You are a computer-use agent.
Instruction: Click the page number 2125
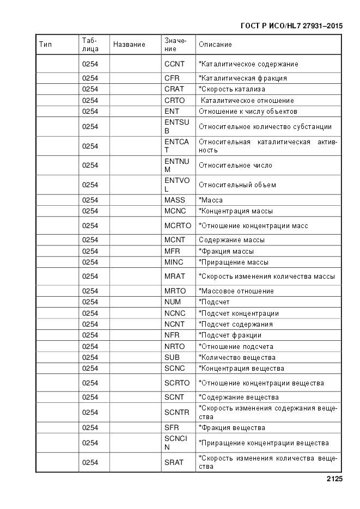point(334,480)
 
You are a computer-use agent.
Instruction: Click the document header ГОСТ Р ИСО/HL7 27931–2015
point(291,26)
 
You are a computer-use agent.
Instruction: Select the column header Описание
point(215,45)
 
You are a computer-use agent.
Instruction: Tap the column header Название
point(129,45)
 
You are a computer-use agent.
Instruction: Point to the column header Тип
point(46,45)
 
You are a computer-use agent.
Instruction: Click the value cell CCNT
point(174,64)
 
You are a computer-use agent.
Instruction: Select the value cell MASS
point(174,200)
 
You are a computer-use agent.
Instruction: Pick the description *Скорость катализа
point(232,89)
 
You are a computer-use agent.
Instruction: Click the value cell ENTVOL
point(176,185)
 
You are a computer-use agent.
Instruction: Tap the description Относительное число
point(235,165)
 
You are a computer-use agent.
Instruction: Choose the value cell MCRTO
point(178,225)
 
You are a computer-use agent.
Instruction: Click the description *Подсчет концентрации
point(239,314)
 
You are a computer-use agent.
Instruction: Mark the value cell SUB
point(172,358)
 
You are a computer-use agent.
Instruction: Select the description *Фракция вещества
point(232,428)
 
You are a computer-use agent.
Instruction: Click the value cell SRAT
point(174,462)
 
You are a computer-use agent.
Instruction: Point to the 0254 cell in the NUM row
point(90,302)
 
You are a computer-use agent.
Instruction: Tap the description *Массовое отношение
point(236,291)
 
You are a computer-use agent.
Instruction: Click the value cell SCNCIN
point(175,443)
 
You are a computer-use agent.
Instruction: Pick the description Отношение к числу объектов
point(248,112)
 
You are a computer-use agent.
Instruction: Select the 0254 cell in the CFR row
point(90,78)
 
